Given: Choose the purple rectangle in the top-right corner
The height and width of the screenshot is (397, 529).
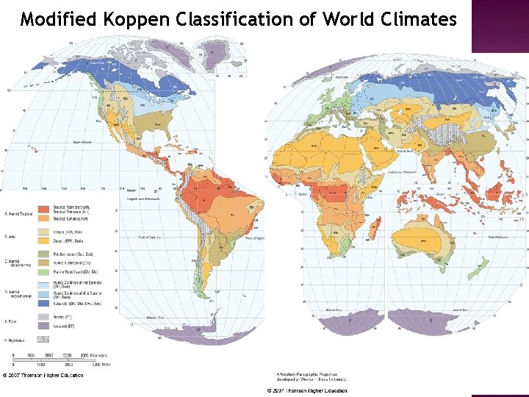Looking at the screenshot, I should click(x=499, y=26).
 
